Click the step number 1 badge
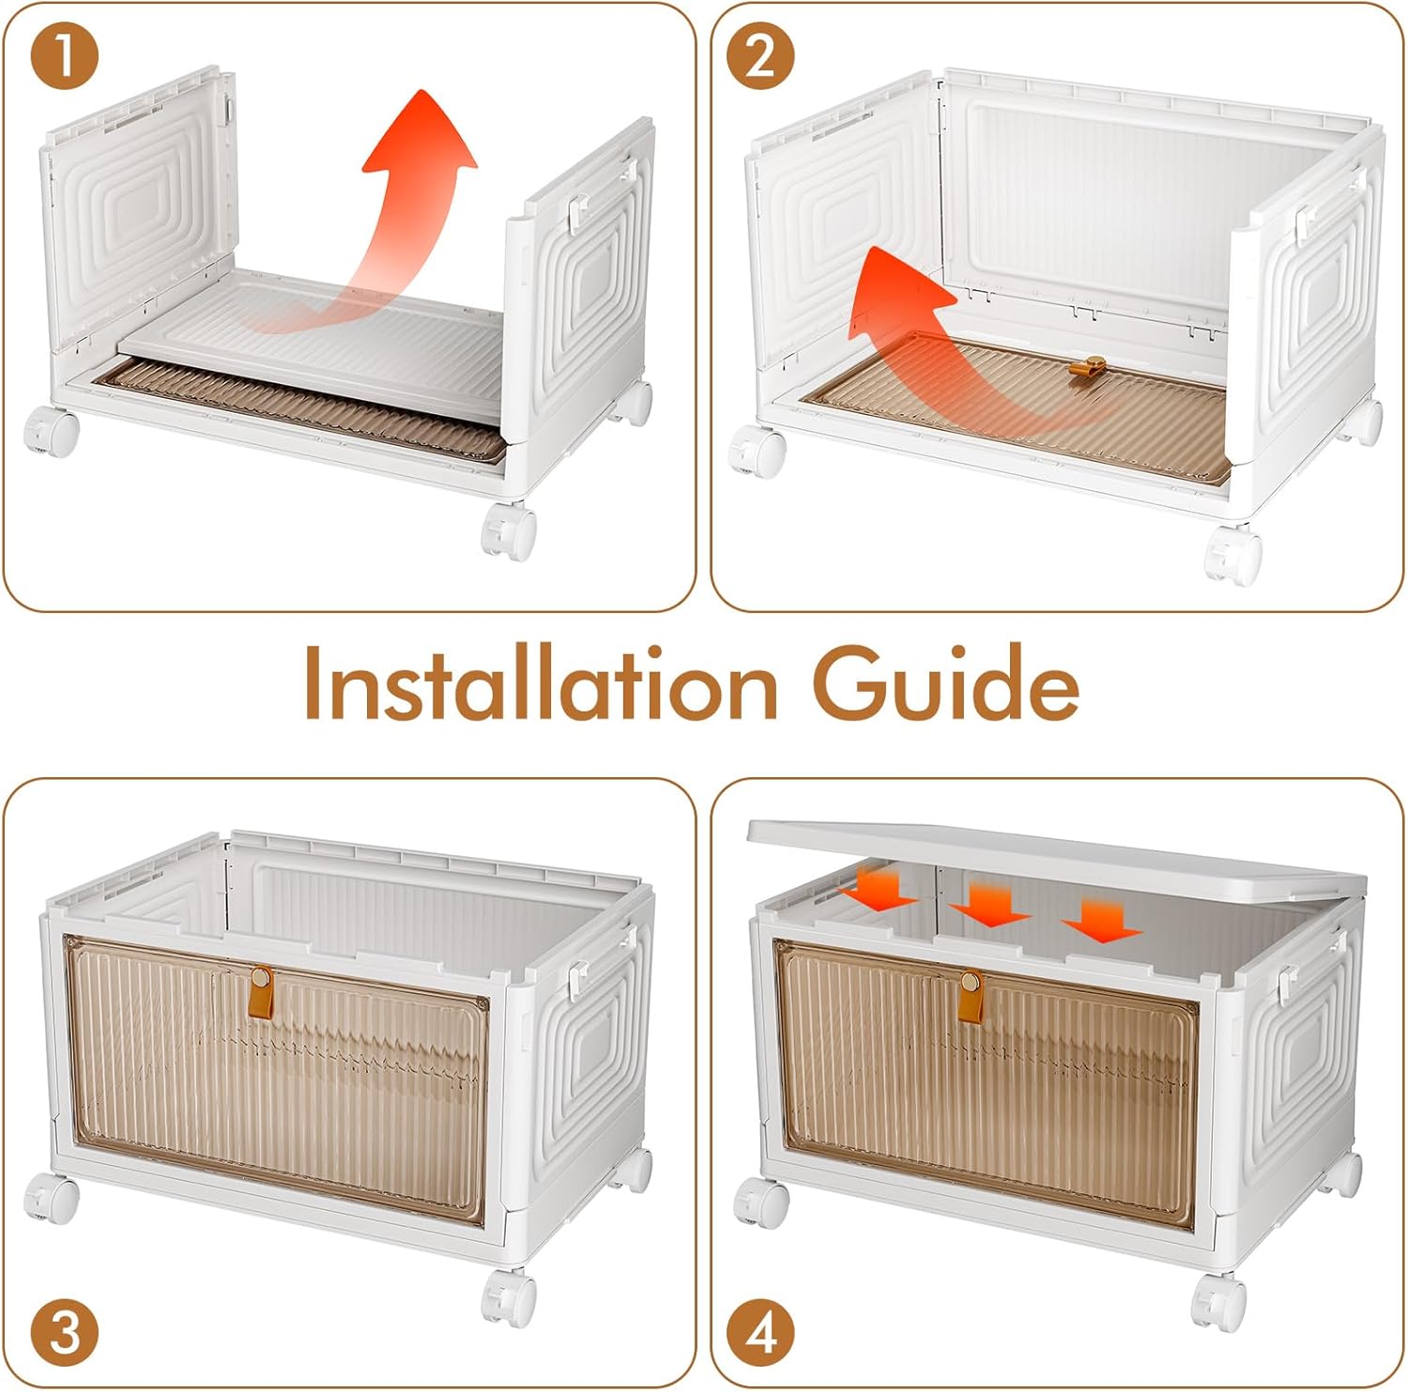(x=64, y=57)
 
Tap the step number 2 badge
(x=759, y=56)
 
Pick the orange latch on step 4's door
(x=971, y=992)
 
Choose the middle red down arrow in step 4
(x=990, y=903)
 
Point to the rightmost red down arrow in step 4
(x=1101, y=920)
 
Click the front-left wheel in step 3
(x=51, y=1200)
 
